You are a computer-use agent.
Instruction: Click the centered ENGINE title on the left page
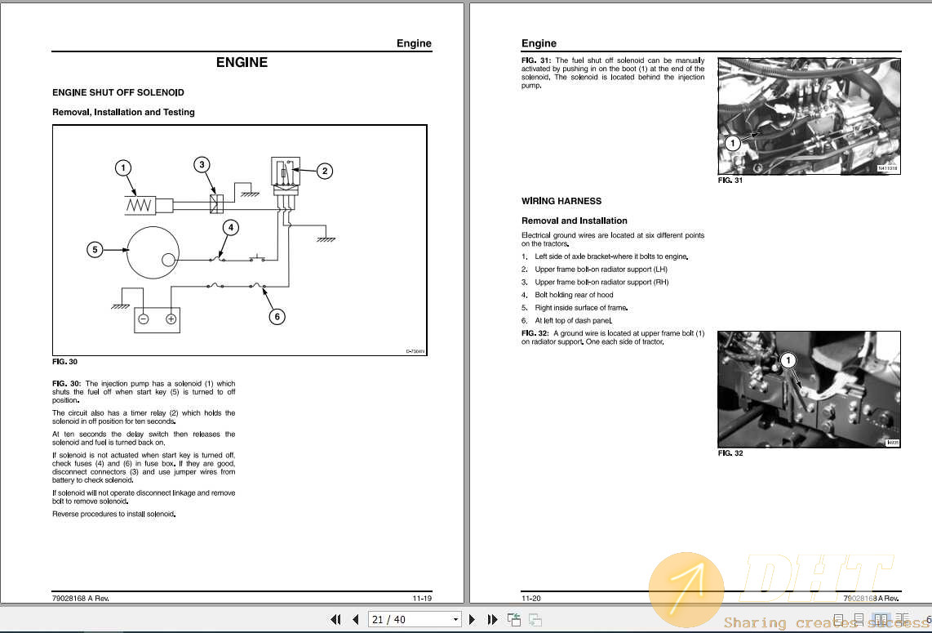click(x=242, y=62)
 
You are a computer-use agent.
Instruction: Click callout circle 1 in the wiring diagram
click(x=122, y=168)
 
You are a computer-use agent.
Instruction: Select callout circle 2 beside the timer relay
click(x=325, y=171)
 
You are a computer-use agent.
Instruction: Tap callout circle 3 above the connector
click(x=202, y=165)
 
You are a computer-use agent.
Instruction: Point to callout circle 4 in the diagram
click(x=231, y=227)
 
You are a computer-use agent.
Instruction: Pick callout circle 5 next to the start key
click(x=95, y=250)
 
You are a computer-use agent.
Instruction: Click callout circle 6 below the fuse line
click(x=277, y=316)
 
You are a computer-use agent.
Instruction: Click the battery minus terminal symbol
click(x=143, y=319)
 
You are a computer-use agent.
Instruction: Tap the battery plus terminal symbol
click(x=171, y=319)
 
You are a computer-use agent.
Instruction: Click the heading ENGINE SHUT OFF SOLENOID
click(x=118, y=93)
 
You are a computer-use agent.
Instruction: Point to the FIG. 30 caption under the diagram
click(x=64, y=362)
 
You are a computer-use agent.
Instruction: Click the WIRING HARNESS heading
click(x=561, y=201)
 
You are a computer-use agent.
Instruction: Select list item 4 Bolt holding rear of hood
click(x=573, y=295)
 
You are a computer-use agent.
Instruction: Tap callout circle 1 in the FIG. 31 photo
click(x=732, y=143)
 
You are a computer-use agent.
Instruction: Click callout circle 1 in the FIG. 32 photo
click(x=788, y=360)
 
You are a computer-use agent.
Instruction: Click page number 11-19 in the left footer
click(x=421, y=598)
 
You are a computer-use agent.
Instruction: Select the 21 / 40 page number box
click(x=415, y=619)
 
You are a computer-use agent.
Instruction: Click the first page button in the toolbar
click(x=335, y=619)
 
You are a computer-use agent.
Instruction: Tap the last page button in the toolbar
click(x=492, y=619)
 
